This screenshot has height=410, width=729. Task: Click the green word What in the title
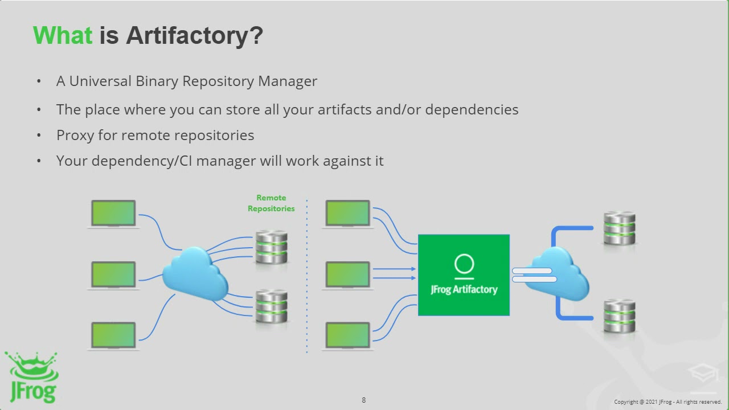pyautogui.click(x=62, y=35)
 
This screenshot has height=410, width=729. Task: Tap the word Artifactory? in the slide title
pyautogui.click(x=194, y=35)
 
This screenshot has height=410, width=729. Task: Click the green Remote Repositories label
pyautogui.click(x=271, y=203)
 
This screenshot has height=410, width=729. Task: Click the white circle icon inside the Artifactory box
pyautogui.click(x=464, y=264)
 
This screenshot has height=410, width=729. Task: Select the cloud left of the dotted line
pyautogui.click(x=195, y=273)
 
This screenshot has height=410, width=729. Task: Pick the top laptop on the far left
pyautogui.click(x=114, y=214)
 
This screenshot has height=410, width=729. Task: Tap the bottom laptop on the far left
pyautogui.click(x=114, y=335)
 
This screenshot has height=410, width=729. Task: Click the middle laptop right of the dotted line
pyautogui.click(x=347, y=275)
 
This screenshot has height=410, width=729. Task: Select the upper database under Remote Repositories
pyautogui.click(x=271, y=247)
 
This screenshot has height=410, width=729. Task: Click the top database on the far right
pyautogui.click(x=619, y=228)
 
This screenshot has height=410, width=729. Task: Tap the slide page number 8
pyautogui.click(x=364, y=400)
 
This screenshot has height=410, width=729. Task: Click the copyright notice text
pyautogui.click(x=667, y=402)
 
